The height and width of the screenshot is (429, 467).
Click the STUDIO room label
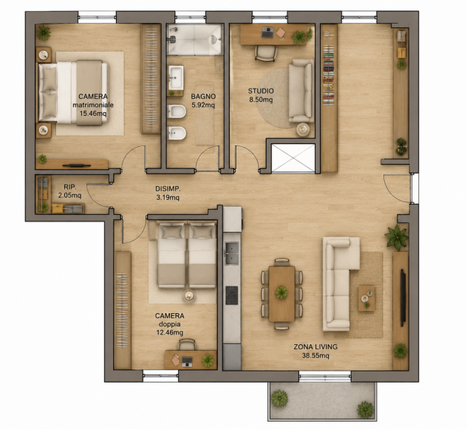(261, 91)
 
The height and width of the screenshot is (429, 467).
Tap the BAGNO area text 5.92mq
(203, 105)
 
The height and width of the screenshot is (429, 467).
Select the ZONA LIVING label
(316, 347)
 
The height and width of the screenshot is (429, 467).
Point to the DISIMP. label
(168, 189)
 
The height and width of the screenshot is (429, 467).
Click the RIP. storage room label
(70, 187)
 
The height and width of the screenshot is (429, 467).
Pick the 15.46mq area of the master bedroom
(93, 114)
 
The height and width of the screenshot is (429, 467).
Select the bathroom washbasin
(176, 78)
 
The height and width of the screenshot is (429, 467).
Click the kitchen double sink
(232, 253)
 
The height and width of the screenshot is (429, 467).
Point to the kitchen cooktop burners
(232, 295)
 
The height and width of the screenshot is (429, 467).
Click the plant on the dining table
(282, 292)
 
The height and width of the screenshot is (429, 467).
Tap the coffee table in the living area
(367, 298)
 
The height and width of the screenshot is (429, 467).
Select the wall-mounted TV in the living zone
(403, 298)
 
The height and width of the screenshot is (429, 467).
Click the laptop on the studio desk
(267, 32)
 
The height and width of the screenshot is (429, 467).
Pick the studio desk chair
(266, 54)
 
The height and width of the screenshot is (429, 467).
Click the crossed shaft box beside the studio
(293, 158)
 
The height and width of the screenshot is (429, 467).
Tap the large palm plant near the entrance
(396, 236)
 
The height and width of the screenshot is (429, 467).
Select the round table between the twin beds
(189, 295)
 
